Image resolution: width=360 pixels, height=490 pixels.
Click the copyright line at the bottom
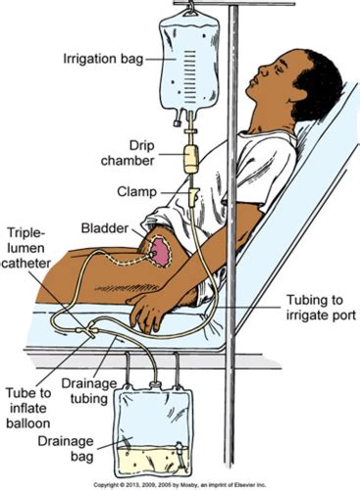click(180, 484)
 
